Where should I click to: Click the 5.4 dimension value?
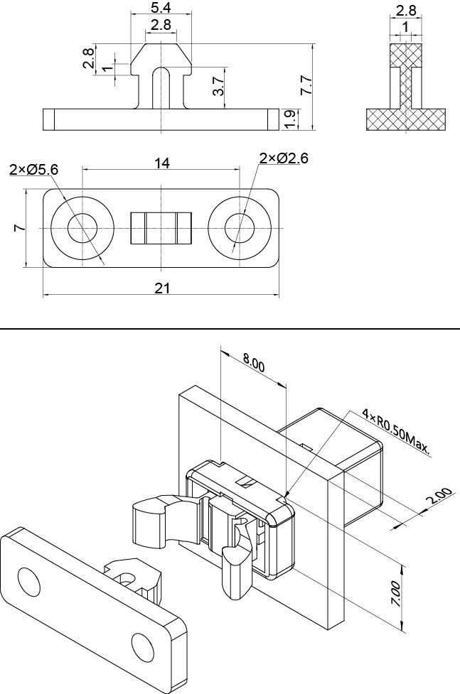(x=161, y=8)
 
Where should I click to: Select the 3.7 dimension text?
(x=219, y=87)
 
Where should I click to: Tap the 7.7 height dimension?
(x=306, y=87)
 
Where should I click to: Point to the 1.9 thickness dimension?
(x=289, y=119)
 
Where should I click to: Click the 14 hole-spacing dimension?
(x=161, y=163)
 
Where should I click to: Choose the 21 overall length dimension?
(x=161, y=288)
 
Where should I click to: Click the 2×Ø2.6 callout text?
(x=283, y=158)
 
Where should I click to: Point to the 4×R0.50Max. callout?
(x=396, y=429)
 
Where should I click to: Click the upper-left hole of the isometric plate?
(x=28, y=582)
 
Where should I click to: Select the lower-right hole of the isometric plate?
(x=143, y=645)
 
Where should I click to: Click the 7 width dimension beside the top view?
(x=19, y=228)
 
